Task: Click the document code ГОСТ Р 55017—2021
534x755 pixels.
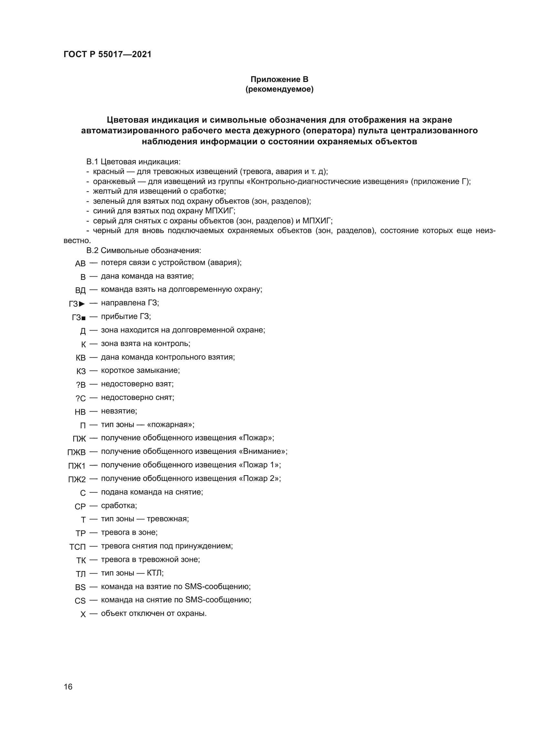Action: pyautogui.click(x=107, y=54)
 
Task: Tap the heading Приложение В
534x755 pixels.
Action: pyautogui.click(x=279, y=79)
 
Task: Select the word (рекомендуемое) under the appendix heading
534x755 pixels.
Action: pyautogui.click(x=279, y=89)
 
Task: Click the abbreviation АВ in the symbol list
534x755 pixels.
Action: pyautogui.click(x=80, y=264)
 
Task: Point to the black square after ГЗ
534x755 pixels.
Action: pyautogui.click(x=84, y=318)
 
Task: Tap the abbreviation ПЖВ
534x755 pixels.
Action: pyautogui.click(x=76, y=453)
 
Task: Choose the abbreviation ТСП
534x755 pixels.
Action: pyautogui.click(x=77, y=547)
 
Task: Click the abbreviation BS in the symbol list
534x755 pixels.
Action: pyautogui.click(x=80, y=587)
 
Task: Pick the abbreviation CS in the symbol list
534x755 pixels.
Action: pyautogui.click(x=80, y=601)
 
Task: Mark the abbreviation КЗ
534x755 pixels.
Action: pyautogui.click(x=81, y=372)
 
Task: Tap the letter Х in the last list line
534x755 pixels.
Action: pyautogui.click(x=83, y=614)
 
